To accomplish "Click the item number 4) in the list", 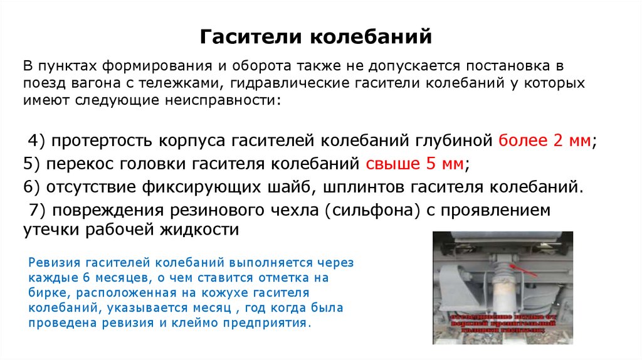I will (x=37, y=140).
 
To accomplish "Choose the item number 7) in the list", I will (x=37, y=211).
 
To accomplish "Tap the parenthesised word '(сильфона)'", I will (x=372, y=211).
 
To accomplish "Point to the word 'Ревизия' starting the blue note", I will (x=50, y=263).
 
